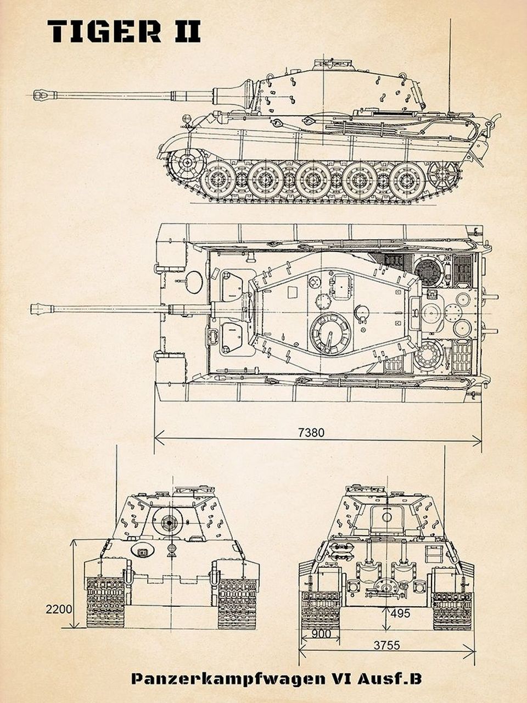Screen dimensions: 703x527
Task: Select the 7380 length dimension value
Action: pos(311,433)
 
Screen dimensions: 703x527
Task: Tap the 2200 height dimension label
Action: pos(59,609)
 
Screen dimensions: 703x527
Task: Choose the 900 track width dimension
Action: pos(321,633)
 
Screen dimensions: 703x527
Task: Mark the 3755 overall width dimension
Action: pos(386,646)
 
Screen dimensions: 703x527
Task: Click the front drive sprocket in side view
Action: pos(186,163)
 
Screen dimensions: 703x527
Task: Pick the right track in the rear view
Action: pos(451,610)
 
